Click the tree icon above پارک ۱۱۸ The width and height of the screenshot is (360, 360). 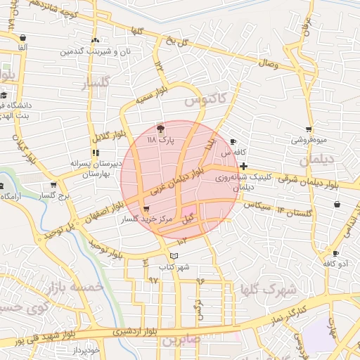click(160, 129)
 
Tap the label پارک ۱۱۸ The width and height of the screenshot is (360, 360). click(160, 141)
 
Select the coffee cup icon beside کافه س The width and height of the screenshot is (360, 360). click(233, 141)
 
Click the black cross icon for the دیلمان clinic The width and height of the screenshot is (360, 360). click(243, 167)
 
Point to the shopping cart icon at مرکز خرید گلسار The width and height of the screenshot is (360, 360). click(146, 209)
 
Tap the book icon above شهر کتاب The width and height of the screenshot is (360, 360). click(174, 255)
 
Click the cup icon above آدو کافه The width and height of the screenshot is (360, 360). click(335, 253)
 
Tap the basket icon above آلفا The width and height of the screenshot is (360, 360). click(24, 37)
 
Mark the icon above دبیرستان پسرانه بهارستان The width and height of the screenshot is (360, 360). click(95, 152)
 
